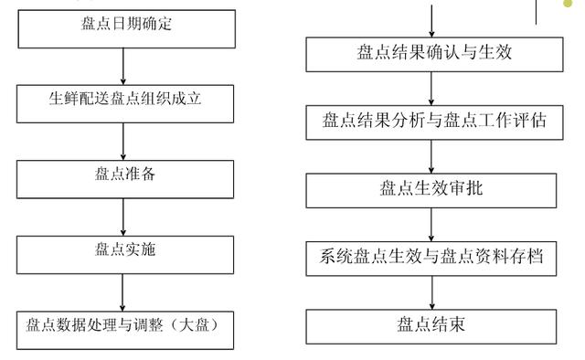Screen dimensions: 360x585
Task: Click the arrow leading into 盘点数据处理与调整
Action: (122, 290)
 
